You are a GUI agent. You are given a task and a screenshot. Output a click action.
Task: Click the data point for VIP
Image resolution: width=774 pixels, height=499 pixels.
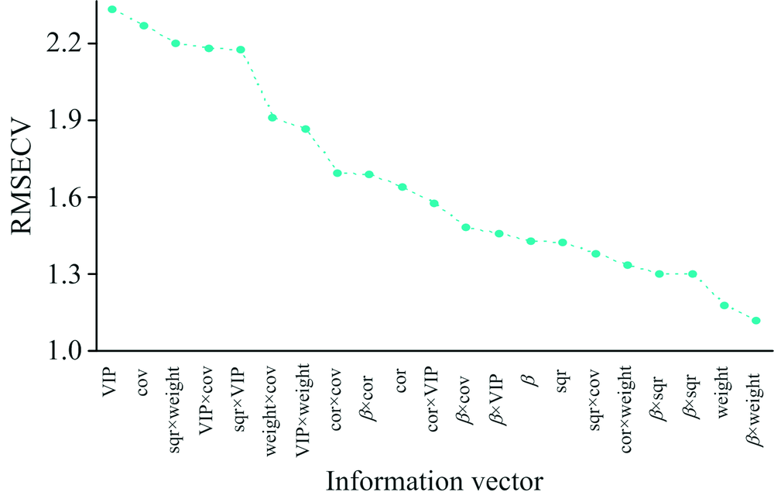click(111, 9)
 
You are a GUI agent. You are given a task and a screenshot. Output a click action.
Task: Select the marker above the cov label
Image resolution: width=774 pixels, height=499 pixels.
click(144, 26)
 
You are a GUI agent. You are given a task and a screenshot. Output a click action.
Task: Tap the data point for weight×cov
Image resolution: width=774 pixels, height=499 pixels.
click(272, 118)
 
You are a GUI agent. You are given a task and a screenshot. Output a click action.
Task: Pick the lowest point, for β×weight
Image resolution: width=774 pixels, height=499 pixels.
click(756, 320)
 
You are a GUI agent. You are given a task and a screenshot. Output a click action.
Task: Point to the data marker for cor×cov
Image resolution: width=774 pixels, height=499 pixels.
click(337, 173)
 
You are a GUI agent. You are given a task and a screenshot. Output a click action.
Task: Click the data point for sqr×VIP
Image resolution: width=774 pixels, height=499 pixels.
click(240, 50)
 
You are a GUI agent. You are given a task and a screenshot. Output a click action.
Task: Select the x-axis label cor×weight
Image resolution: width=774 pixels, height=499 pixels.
click(628, 399)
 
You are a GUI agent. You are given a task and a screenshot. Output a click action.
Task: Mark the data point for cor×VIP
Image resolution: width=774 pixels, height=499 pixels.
click(434, 203)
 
